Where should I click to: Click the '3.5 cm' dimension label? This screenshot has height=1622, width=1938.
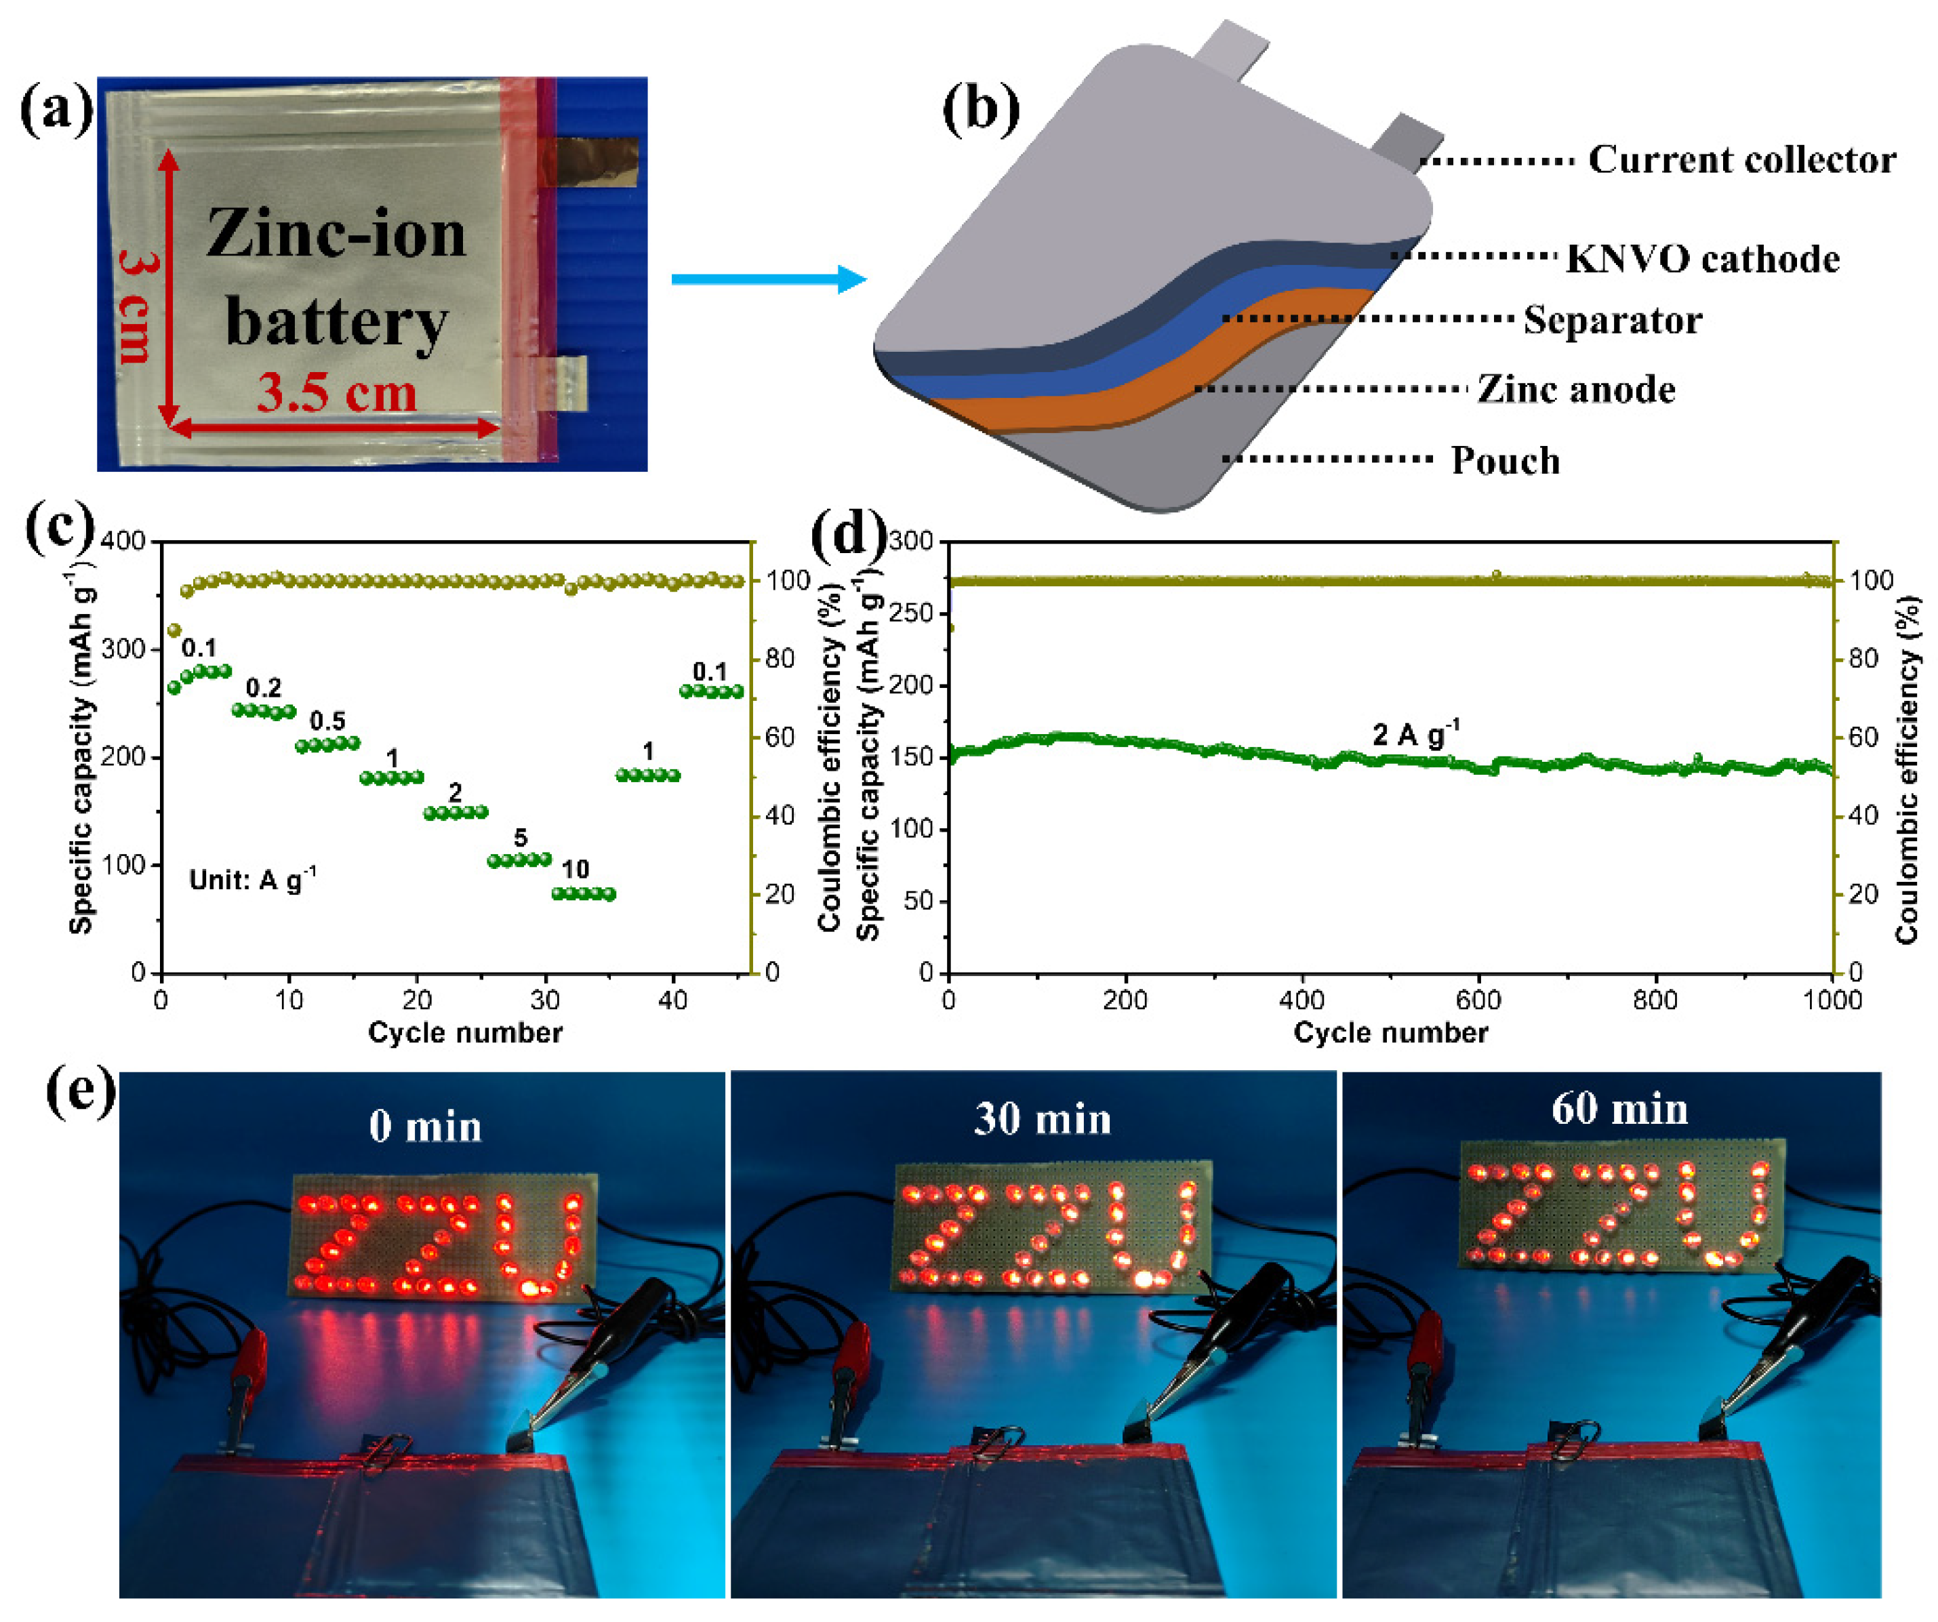click(337, 392)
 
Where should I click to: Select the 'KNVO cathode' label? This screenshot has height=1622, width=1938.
click(1703, 259)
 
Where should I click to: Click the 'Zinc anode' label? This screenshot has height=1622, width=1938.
click(1576, 389)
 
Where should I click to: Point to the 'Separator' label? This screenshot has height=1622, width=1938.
click(1612, 320)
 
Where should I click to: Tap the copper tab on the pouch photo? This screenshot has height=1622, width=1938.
click(595, 161)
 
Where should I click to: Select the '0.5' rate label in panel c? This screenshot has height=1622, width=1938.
click(327, 721)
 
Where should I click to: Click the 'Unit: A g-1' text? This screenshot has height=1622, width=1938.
click(252, 879)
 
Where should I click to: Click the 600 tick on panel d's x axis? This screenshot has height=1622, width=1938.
click(1478, 1000)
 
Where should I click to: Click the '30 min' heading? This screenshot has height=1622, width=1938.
click(1042, 1119)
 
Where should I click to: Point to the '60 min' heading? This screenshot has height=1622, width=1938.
click(1619, 1109)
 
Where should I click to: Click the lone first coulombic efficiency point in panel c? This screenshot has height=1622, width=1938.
click(174, 631)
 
